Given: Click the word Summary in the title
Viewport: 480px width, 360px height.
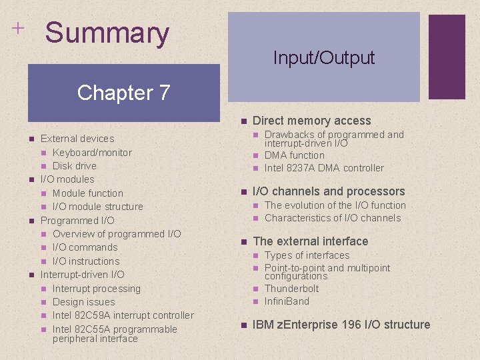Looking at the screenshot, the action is (x=107, y=33).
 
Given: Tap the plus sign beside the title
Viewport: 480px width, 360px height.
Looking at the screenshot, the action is (x=17, y=29).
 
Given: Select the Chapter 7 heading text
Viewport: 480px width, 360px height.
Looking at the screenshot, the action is (x=123, y=92).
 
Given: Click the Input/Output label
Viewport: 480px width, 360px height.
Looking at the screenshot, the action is (x=323, y=58).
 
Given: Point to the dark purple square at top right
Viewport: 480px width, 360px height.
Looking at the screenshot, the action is (x=446, y=57).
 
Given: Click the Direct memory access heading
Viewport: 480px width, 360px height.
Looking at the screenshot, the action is (x=311, y=121).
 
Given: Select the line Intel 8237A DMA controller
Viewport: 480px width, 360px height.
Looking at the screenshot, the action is (x=324, y=168).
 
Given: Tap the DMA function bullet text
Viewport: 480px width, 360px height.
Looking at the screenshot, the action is (x=295, y=155).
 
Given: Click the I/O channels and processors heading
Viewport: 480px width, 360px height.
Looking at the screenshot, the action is (x=329, y=191).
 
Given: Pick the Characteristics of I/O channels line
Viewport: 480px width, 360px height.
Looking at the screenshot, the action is (x=333, y=218).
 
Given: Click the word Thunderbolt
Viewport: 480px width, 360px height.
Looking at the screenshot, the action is (x=291, y=289).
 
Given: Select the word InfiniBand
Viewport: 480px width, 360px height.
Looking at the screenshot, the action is (x=287, y=301).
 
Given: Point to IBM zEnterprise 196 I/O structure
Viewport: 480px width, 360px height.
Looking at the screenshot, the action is (x=341, y=325).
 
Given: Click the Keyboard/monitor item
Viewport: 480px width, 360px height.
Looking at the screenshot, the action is (x=92, y=153).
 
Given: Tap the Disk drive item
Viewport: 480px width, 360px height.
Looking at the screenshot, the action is (x=74, y=166).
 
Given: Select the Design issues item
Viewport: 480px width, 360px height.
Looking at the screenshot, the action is (x=83, y=302).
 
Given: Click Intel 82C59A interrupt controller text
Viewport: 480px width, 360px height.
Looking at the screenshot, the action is (x=123, y=315).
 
